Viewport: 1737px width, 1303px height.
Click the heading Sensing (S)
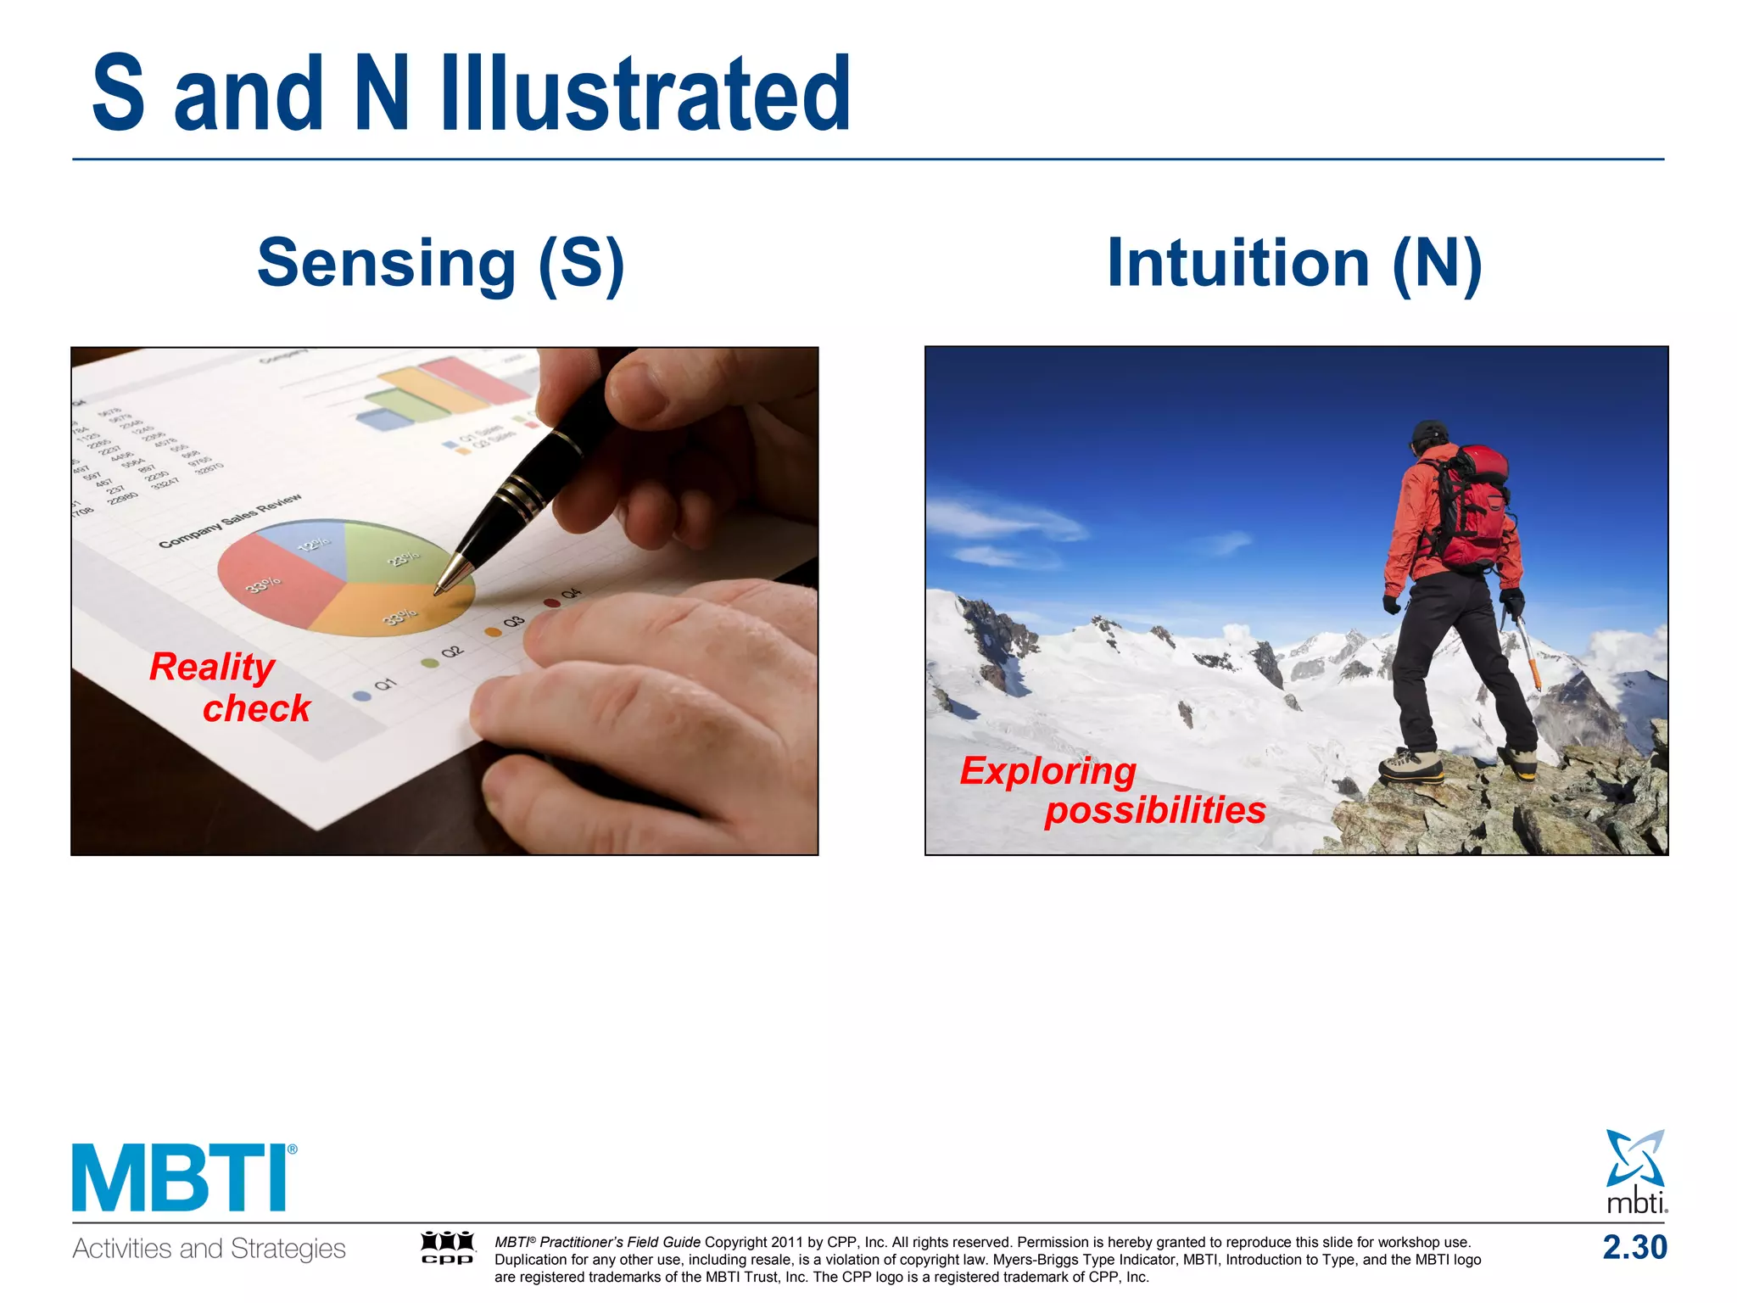click(441, 264)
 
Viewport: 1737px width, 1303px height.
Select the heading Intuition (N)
click(1294, 264)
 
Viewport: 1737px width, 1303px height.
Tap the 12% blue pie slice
click(310, 543)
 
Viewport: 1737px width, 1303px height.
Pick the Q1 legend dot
click(362, 696)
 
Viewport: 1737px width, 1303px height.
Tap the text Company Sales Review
click(230, 521)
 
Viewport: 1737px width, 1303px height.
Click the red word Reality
click(212, 667)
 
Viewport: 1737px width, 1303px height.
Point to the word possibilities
click(1154, 810)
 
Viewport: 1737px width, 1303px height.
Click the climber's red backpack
click(1480, 509)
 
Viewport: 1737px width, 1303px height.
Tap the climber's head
click(1429, 437)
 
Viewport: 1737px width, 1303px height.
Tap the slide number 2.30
click(1634, 1247)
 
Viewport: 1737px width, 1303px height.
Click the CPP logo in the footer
click(447, 1247)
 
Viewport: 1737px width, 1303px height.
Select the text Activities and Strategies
click(209, 1249)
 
